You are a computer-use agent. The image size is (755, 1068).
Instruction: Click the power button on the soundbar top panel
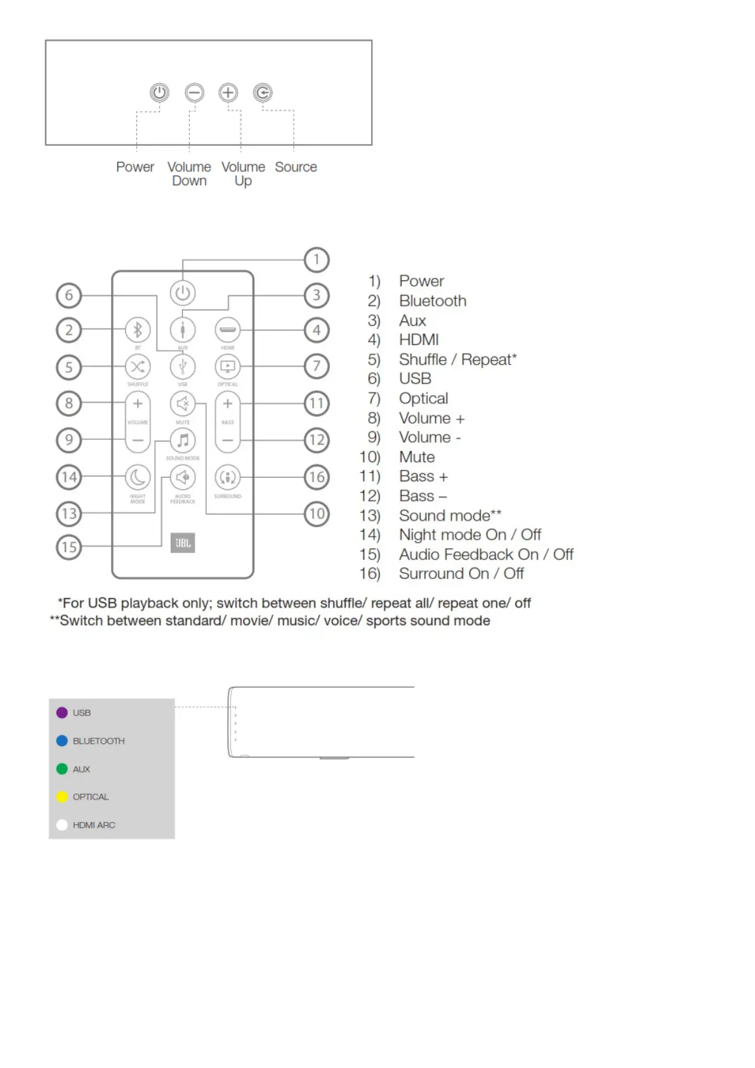click(x=159, y=93)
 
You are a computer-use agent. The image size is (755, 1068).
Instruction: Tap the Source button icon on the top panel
click(x=263, y=93)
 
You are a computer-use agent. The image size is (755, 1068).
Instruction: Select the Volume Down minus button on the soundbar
click(x=194, y=93)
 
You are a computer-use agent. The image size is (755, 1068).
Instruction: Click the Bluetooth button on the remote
click(x=138, y=330)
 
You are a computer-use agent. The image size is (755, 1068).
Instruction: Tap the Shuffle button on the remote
click(x=138, y=367)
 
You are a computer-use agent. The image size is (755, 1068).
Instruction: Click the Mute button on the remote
click(x=183, y=403)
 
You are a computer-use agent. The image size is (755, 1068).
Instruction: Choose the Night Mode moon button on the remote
click(x=138, y=477)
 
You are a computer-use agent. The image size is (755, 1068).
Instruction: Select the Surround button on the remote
click(x=228, y=477)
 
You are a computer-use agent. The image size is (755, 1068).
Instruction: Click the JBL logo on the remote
click(x=183, y=543)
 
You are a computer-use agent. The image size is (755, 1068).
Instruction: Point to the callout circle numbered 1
click(x=316, y=259)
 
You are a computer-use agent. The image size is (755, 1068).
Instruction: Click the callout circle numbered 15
click(x=69, y=547)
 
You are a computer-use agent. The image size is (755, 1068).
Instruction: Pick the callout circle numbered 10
click(x=316, y=514)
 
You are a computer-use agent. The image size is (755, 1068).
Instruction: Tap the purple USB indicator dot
click(x=62, y=713)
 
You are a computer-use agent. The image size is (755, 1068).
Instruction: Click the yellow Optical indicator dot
click(x=62, y=797)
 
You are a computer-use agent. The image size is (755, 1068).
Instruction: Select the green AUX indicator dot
click(x=62, y=769)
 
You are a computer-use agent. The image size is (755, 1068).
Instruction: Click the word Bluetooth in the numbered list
click(x=432, y=301)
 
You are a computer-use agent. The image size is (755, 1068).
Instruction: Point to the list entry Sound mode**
click(x=450, y=516)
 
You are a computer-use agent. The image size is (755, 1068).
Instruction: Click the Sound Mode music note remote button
click(x=183, y=440)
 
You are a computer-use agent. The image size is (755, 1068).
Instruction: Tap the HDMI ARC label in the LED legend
click(x=94, y=825)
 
